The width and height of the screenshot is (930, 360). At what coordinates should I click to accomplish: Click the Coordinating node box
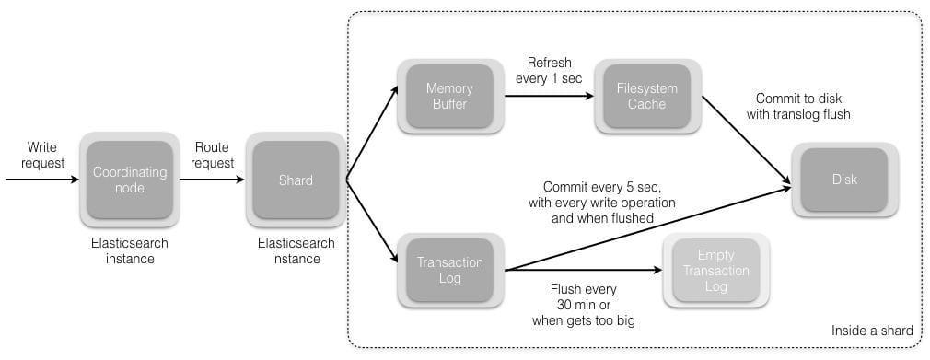coord(130,180)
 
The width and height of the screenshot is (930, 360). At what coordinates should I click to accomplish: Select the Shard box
coord(296,180)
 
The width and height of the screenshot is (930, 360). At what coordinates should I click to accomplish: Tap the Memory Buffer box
coord(448,96)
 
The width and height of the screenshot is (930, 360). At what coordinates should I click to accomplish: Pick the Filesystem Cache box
coord(645,96)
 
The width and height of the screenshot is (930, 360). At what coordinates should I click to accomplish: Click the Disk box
coord(844,180)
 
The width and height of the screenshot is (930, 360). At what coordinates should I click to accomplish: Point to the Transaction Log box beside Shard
coord(448,271)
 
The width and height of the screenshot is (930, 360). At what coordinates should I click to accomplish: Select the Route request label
coord(212,155)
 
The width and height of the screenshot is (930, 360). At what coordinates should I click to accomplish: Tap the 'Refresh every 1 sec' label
coord(549,70)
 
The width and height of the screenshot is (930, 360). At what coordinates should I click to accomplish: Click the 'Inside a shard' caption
coord(872,331)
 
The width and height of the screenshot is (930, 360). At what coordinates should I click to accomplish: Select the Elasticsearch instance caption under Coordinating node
coord(130,251)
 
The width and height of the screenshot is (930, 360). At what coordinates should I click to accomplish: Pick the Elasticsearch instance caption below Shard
coord(296,251)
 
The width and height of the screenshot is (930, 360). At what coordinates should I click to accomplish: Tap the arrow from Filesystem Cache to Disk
coord(746,138)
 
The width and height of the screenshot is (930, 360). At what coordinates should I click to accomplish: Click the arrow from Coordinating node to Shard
coord(214,180)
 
